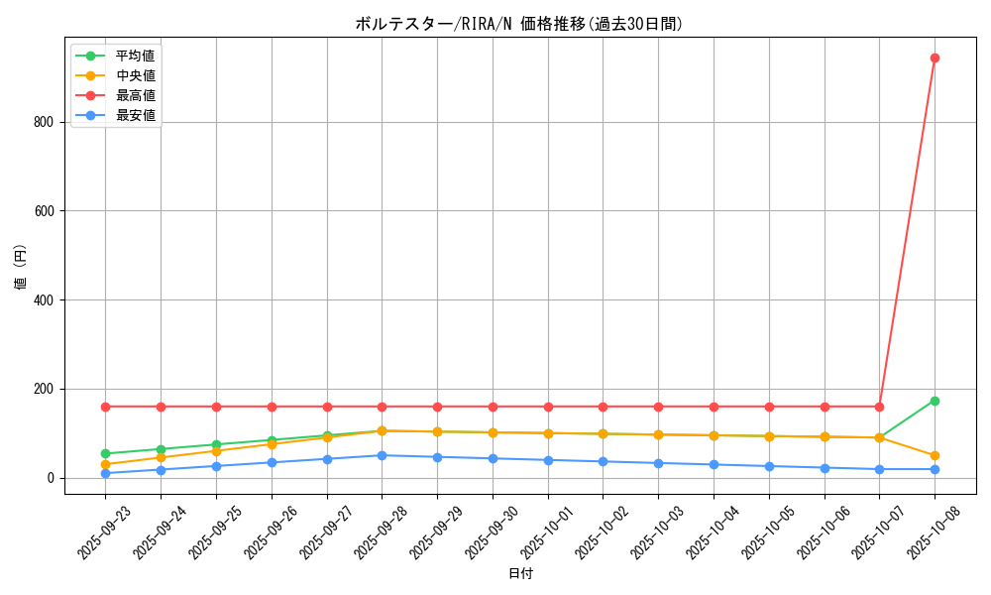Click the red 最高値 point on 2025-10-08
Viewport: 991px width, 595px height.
point(935,58)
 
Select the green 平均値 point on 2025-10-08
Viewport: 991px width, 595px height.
point(935,401)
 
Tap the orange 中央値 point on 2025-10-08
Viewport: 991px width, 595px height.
point(935,455)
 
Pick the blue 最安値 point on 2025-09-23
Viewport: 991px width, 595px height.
point(105,473)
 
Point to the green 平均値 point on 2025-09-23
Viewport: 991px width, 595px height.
point(105,453)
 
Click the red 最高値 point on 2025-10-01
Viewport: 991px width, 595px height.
point(548,407)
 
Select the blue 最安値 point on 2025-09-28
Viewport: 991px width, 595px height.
point(382,455)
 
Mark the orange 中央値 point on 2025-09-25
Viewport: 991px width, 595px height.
point(216,451)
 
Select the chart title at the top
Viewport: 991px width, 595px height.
point(519,24)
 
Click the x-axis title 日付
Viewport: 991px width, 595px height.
point(520,573)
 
